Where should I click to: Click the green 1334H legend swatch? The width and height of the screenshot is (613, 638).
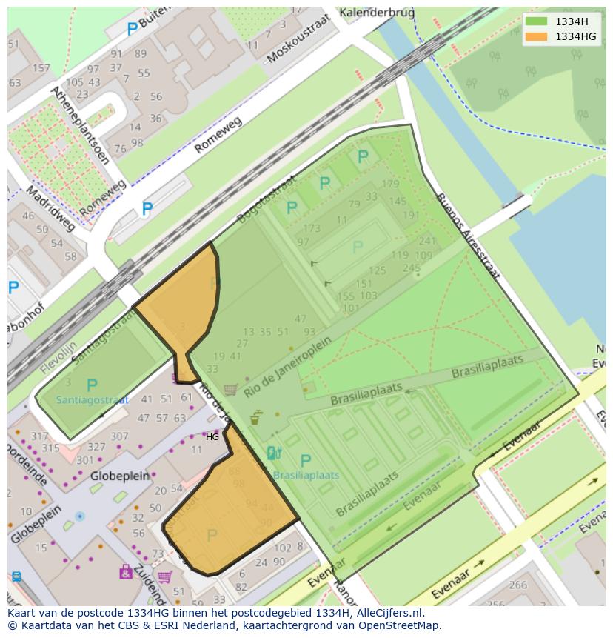pyautogui.click(x=537, y=21)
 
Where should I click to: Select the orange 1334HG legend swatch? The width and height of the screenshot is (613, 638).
pyautogui.click(x=537, y=36)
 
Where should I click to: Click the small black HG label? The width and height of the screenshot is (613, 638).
pyautogui.click(x=212, y=437)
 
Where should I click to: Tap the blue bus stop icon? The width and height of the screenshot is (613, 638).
pyautogui.click(x=16, y=576)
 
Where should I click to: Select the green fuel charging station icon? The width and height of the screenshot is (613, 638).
pyautogui.click(x=272, y=453)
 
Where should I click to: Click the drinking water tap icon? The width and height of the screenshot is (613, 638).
pyautogui.click(x=255, y=417)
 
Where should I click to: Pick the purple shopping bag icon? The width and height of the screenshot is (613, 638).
pyautogui.click(x=125, y=572)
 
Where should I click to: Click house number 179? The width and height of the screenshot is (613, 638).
pyautogui.click(x=390, y=184)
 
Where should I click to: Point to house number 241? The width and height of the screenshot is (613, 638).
pyautogui.click(x=427, y=241)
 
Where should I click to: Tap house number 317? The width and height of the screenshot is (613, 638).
pyautogui.click(x=39, y=436)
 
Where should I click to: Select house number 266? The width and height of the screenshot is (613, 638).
pyautogui.click(x=517, y=585)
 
